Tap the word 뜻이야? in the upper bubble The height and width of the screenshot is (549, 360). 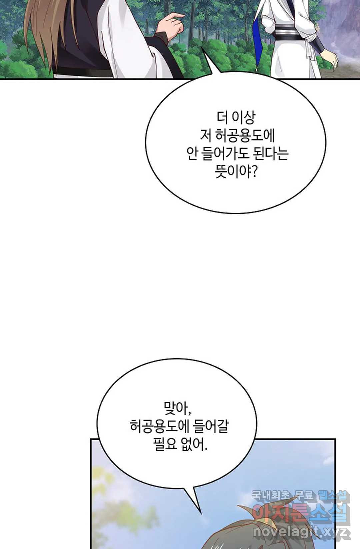tap(236, 172)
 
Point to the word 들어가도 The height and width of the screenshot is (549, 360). tap(225, 154)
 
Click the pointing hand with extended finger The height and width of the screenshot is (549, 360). tap(172, 24)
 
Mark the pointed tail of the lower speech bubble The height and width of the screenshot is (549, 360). tap(201, 514)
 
